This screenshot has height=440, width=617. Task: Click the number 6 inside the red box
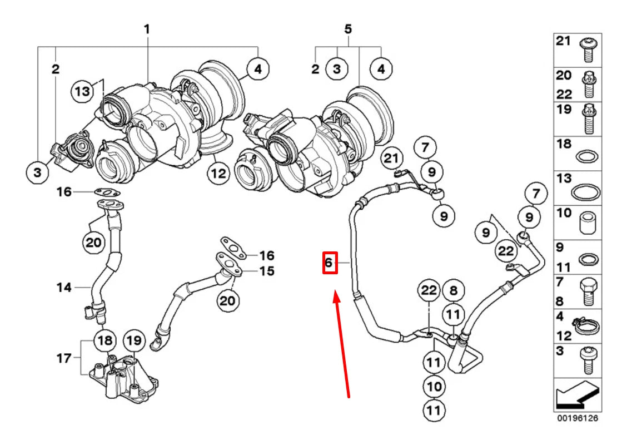329,263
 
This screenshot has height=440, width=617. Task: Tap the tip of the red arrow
336,296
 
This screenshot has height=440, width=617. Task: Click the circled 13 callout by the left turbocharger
83,92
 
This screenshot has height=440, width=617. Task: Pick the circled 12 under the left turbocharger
218,174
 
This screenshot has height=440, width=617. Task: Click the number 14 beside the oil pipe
64,288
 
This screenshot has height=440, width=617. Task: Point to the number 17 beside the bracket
64,358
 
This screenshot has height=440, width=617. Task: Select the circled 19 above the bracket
133,340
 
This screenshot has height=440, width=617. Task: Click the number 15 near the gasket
267,271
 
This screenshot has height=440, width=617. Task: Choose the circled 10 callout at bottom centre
434,385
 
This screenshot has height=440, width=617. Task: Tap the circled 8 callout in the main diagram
453,290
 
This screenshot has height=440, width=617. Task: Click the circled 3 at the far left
37,172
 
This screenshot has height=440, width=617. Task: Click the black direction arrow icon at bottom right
578,396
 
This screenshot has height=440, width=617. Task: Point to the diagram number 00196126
578,418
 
